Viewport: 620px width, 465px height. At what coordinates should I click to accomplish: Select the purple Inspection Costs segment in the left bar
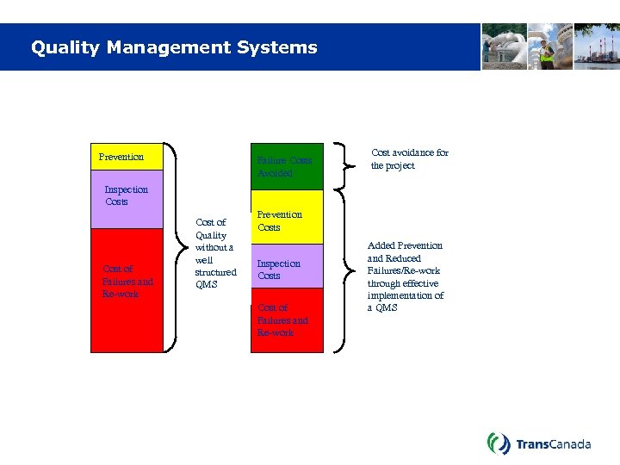[x=127, y=199]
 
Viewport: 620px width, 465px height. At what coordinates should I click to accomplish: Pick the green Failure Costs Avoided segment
[x=287, y=166]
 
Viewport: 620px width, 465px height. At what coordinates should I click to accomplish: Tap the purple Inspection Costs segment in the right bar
[x=287, y=266]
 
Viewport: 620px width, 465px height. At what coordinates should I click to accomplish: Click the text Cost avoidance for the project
[x=409, y=159]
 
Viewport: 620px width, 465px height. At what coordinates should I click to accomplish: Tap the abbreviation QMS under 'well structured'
[x=207, y=284]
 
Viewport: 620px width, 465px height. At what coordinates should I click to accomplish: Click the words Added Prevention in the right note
[x=405, y=245]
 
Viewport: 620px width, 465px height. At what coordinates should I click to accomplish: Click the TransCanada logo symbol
[x=499, y=443]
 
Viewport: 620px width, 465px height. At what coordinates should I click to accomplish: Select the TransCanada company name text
[x=553, y=444]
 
